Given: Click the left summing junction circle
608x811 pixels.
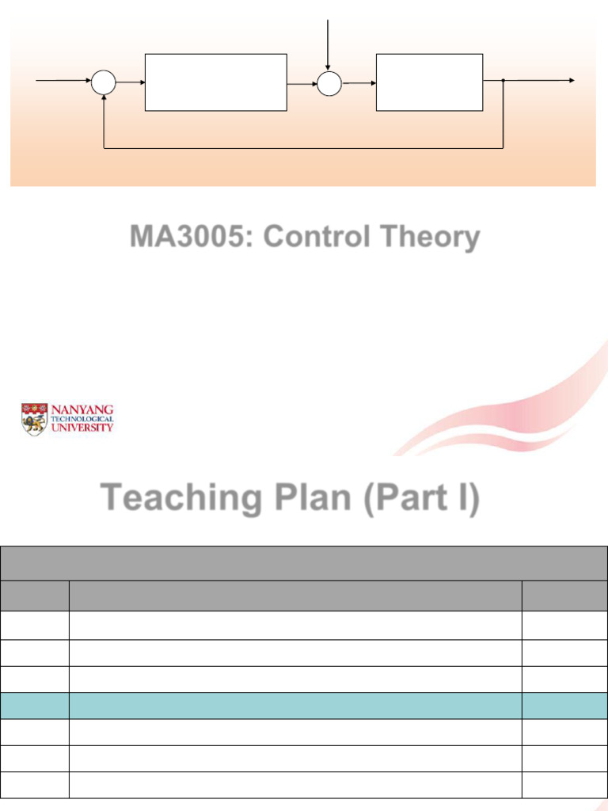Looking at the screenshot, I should click(x=104, y=82).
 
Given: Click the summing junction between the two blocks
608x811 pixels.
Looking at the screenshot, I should click(x=329, y=82).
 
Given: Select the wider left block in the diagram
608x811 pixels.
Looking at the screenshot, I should click(x=215, y=82).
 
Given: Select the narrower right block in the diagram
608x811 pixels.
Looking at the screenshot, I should click(x=429, y=82).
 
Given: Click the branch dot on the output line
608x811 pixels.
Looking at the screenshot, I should click(x=503, y=81).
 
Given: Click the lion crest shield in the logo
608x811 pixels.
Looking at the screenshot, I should click(x=34, y=419).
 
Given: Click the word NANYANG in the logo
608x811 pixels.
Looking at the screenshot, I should click(x=82, y=409).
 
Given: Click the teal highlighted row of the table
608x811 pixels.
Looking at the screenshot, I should click(x=304, y=706).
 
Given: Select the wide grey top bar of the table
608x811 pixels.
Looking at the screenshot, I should click(x=304, y=562).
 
